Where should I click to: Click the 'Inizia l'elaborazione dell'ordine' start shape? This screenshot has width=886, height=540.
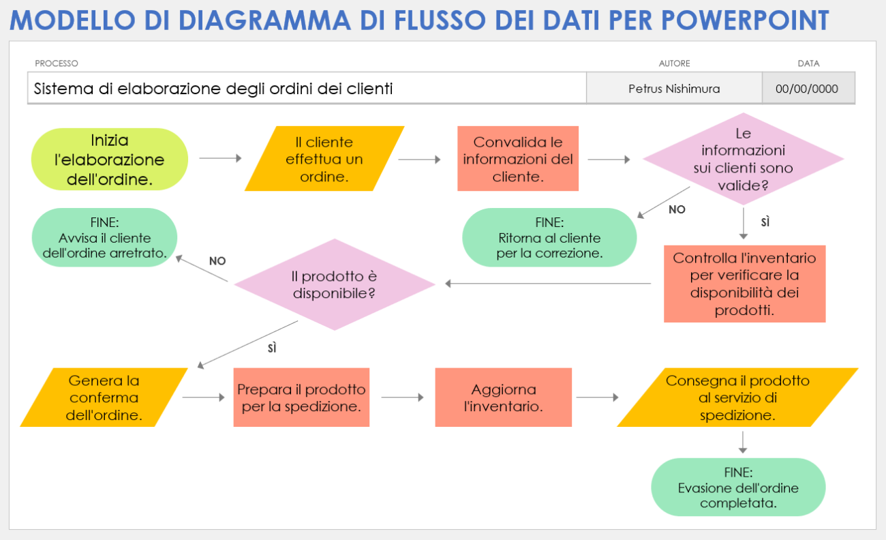tap(110, 160)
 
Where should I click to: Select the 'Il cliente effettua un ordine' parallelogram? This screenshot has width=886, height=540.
tap(324, 160)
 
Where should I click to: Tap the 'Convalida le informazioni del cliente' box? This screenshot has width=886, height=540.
tap(518, 159)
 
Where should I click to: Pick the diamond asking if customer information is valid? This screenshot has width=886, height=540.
tap(743, 159)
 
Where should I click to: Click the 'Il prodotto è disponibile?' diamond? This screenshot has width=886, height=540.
tap(334, 285)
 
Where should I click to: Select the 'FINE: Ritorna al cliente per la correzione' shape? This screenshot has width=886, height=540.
tap(549, 238)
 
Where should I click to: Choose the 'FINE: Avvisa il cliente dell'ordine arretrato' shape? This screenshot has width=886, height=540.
tap(105, 238)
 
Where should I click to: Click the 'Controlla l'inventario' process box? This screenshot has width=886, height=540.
tap(744, 284)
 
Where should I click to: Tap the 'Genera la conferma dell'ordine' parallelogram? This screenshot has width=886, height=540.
tap(104, 397)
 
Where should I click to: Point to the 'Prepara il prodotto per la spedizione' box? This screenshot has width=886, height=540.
tap(301, 397)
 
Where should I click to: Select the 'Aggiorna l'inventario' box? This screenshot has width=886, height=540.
tap(503, 397)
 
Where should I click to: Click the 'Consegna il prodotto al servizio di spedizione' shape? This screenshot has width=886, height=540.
tap(737, 397)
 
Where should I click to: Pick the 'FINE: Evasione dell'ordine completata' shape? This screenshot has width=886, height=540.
tap(738, 487)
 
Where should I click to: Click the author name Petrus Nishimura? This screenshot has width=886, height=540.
tap(674, 89)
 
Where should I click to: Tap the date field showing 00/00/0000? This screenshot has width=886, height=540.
tap(807, 89)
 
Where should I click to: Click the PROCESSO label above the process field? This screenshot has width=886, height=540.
tap(57, 63)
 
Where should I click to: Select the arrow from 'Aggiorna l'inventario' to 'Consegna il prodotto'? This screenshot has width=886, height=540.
tap(596, 397)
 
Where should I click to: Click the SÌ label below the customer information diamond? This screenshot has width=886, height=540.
tap(765, 222)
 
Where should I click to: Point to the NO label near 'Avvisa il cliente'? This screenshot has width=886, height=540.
tap(217, 261)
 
